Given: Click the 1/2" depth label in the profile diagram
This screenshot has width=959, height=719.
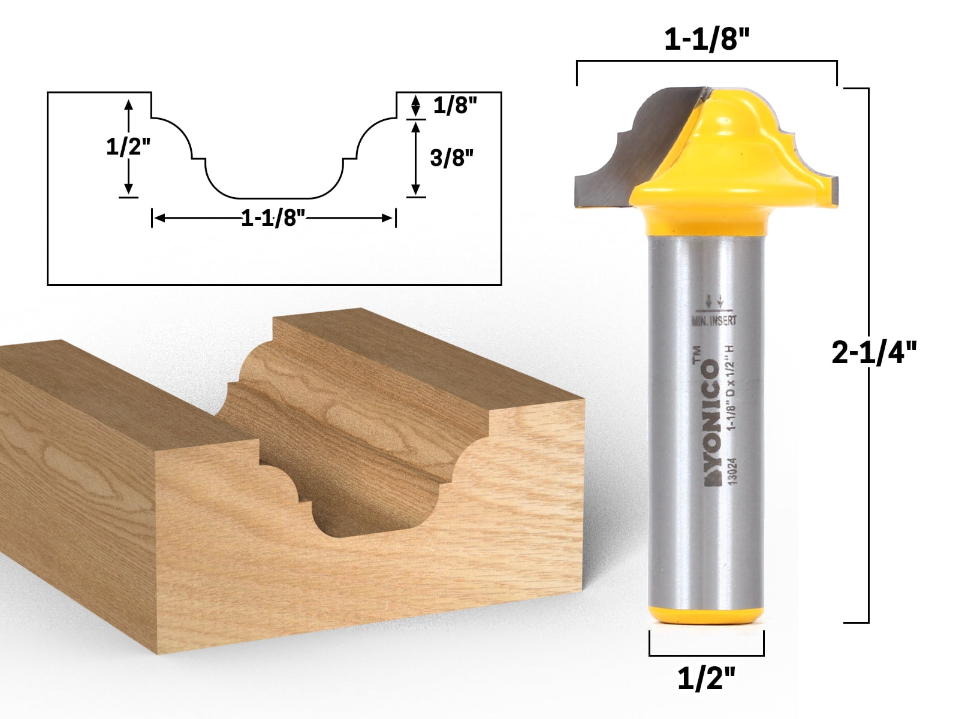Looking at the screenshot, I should (128, 147).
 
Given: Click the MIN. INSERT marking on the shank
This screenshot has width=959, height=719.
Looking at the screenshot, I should (714, 321).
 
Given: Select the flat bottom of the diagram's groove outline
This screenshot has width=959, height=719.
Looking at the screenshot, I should (274, 197).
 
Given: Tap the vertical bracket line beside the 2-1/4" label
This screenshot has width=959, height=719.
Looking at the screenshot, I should (868, 246).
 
